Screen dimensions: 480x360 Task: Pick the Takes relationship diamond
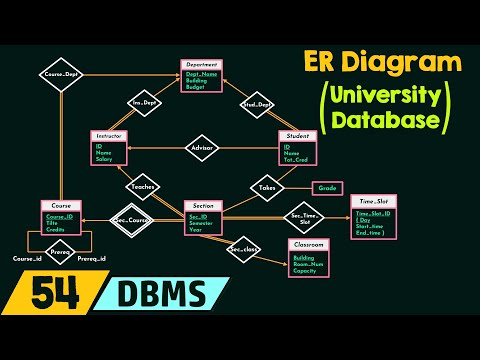pyautogui.click(x=267, y=187)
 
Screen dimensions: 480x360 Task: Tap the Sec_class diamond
pyautogui.click(x=244, y=249)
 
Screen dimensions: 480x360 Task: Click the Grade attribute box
pyautogui.click(x=327, y=187)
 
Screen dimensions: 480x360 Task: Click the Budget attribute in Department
pyautogui.click(x=195, y=87)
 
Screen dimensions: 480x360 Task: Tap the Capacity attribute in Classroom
pyautogui.click(x=304, y=271)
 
